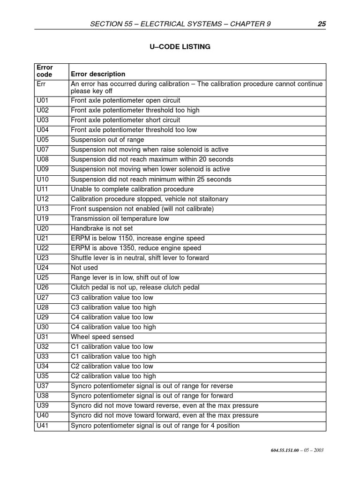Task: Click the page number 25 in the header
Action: point(321,24)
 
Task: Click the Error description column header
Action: point(98,74)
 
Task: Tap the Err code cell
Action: point(41,84)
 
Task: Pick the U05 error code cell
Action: point(42,140)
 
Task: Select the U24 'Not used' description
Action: point(84,268)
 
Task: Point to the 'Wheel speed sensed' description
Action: point(102,337)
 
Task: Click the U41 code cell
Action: point(42,426)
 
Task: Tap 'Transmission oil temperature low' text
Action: point(120,218)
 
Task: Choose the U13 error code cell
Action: point(42,209)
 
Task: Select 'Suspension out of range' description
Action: point(107,140)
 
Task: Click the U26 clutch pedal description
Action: point(135,287)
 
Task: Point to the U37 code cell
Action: point(42,386)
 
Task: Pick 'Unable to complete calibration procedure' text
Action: point(132,189)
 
